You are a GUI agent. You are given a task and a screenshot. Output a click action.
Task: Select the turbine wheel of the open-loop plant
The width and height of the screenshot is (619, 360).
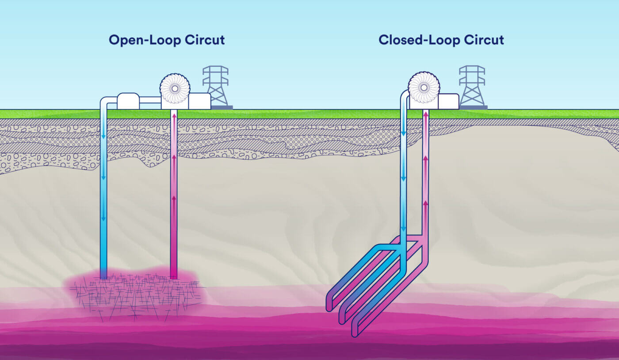pos(175,88)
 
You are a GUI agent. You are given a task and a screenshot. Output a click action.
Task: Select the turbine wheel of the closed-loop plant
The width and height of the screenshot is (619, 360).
pos(424,87)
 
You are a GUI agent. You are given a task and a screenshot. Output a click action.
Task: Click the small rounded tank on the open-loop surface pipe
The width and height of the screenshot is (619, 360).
pos(128,101)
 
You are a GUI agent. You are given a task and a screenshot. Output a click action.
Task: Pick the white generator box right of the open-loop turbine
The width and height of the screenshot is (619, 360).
pos(199,101)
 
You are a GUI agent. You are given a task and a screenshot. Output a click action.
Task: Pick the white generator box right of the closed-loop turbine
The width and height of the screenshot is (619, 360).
pos(448,101)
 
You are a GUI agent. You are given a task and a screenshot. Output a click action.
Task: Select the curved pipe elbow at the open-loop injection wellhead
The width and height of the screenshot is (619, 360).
pos(105,101)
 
